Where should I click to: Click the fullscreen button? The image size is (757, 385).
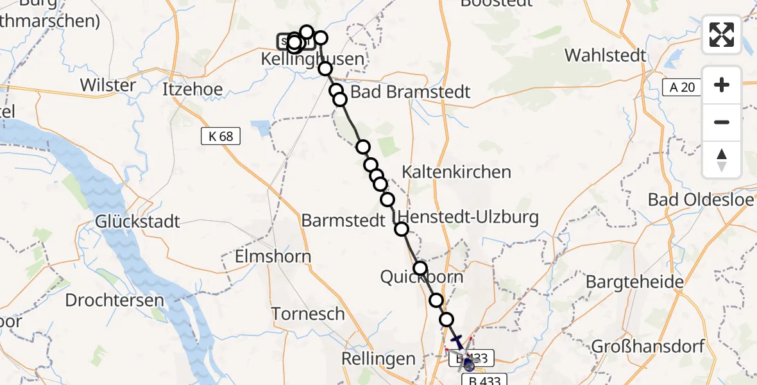click(722, 35)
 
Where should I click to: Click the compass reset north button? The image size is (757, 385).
click(722, 160)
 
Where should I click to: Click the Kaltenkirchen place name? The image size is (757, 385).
click(456, 171)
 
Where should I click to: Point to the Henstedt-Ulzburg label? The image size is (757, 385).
click(469, 217)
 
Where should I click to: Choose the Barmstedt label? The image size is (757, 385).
click(343, 221)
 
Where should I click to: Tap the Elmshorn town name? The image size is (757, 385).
click(273, 257)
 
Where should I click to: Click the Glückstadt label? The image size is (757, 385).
click(137, 222)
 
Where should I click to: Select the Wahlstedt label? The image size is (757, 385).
click(606, 55)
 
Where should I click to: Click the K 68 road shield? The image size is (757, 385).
click(221, 136)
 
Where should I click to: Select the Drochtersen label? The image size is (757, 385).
click(114, 300)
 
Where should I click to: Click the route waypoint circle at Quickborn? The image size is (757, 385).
click(420, 268)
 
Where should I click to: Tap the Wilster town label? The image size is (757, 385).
click(108, 85)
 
